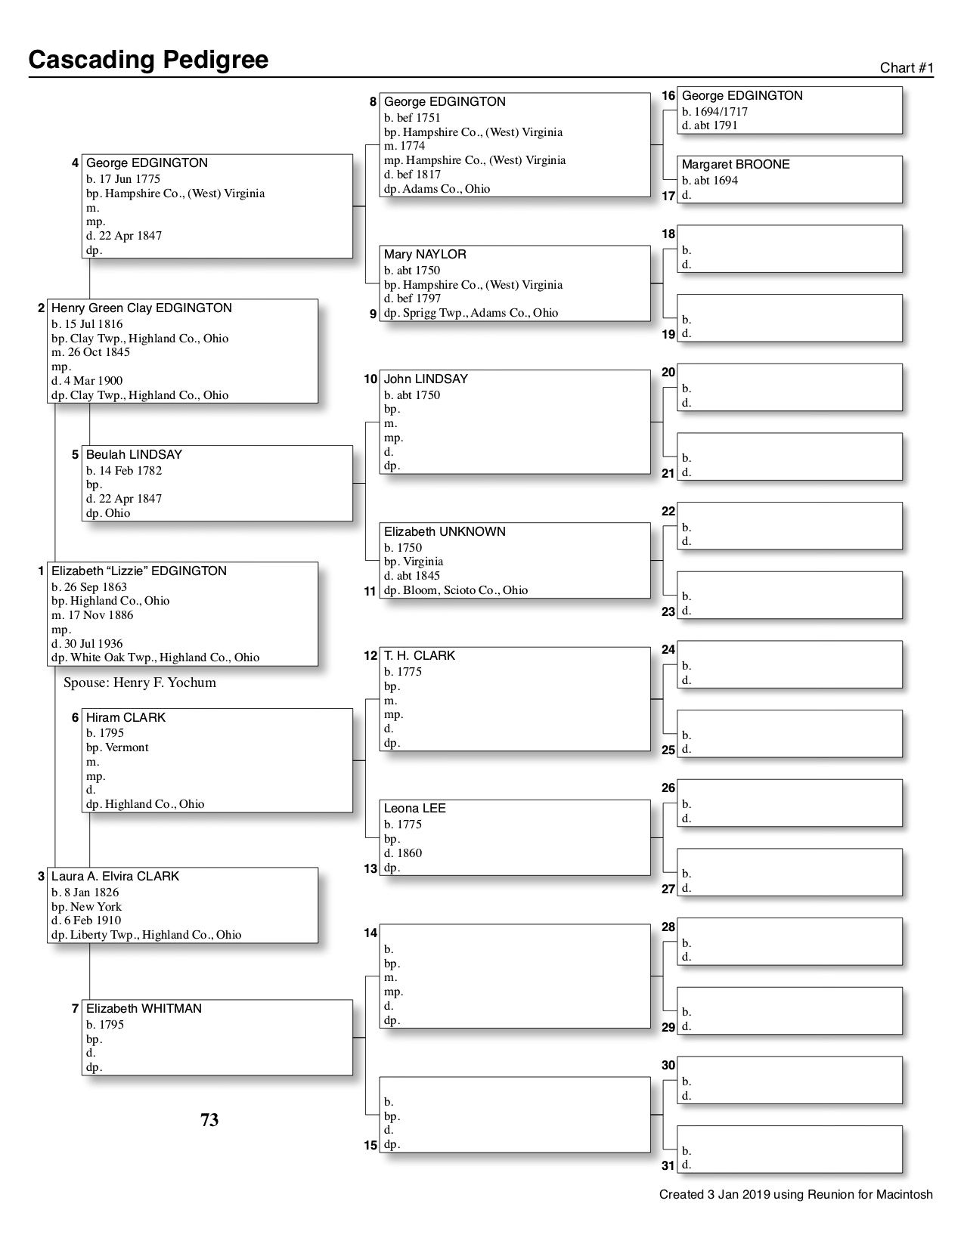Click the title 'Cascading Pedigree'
click(x=148, y=60)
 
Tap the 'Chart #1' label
click(x=907, y=68)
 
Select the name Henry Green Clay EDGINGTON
click(x=141, y=308)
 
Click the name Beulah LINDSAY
click(x=134, y=455)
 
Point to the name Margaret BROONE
click(x=735, y=165)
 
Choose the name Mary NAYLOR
click(x=424, y=255)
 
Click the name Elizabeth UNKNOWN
click(x=445, y=532)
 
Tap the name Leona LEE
click(x=414, y=809)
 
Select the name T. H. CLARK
click(x=419, y=656)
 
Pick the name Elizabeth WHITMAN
click(x=144, y=1009)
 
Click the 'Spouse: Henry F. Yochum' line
click(x=140, y=683)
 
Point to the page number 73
click(x=209, y=1120)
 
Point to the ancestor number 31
click(x=668, y=1166)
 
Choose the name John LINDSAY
click(x=426, y=379)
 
